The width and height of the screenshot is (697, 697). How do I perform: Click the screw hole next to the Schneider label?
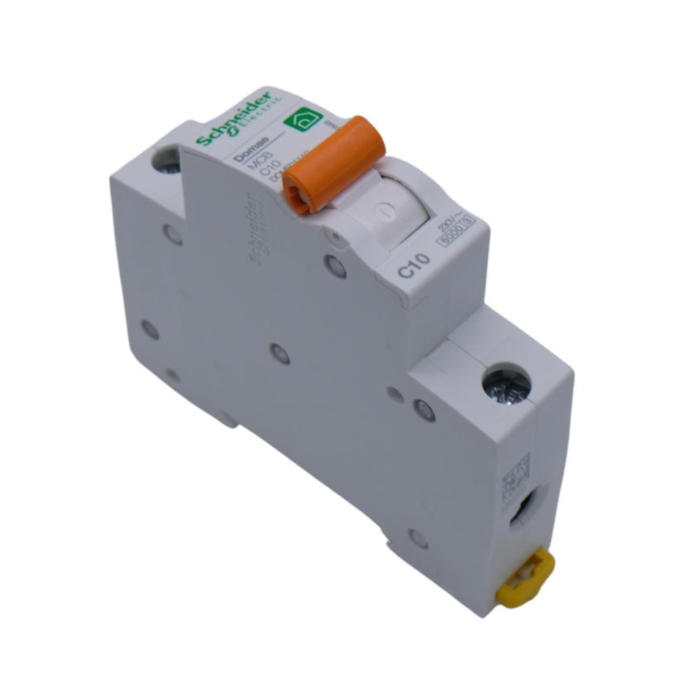(166, 160)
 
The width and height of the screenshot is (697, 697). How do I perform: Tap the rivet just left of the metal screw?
(424, 409)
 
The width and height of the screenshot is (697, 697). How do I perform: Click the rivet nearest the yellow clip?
(418, 538)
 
